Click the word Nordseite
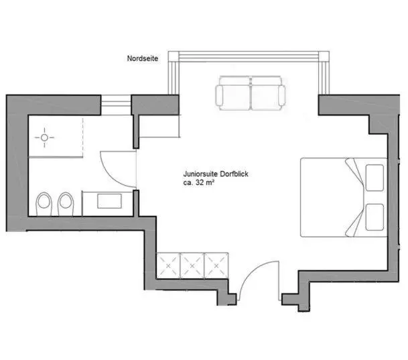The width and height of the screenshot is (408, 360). tap(143, 59)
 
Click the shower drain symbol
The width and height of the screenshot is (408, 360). tap(46, 139)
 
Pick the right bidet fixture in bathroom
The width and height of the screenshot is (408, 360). tap(66, 203)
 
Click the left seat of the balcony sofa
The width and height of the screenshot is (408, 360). tap(233, 94)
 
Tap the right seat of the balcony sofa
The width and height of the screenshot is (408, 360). tap(267, 94)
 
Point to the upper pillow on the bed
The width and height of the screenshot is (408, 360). tap(374, 176)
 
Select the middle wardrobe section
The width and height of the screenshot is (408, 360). tap(192, 265)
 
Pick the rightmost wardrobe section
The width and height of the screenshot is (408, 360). tap(216, 265)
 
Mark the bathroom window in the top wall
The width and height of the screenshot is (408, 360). tap(115, 103)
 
